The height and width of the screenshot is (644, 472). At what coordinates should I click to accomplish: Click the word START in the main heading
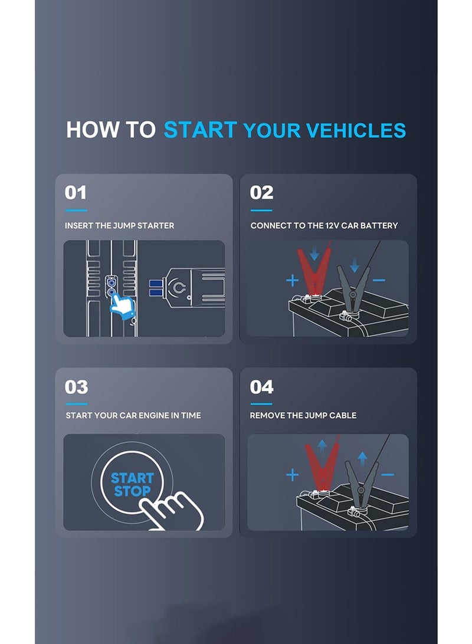[200, 130]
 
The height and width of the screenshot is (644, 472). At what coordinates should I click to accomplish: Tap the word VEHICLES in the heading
[356, 130]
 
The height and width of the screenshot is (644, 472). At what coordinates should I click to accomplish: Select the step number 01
[76, 193]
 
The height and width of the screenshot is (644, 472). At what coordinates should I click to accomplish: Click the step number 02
[261, 193]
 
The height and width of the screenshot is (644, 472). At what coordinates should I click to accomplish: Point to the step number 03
[76, 387]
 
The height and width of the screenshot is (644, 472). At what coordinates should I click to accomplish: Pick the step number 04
[261, 387]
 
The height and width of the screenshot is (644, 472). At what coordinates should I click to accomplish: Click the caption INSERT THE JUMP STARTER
[120, 225]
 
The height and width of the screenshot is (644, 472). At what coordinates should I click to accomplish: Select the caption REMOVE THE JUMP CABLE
[303, 415]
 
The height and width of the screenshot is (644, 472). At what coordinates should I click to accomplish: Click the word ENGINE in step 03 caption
[153, 415]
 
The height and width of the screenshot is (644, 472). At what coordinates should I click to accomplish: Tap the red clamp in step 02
[314, 271]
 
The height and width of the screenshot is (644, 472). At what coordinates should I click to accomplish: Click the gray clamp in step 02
[353, 288]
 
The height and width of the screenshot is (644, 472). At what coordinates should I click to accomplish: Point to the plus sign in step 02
[292, 281]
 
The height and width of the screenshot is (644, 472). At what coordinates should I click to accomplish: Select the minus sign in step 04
[388, 475]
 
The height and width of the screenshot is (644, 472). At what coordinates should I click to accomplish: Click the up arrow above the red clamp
[322, 446]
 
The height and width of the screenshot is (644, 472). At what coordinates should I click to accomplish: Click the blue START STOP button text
[132, 485]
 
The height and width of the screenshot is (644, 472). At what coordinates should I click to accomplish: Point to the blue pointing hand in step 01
[123, 305]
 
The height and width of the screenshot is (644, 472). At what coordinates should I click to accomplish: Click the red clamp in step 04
[322, 464]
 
